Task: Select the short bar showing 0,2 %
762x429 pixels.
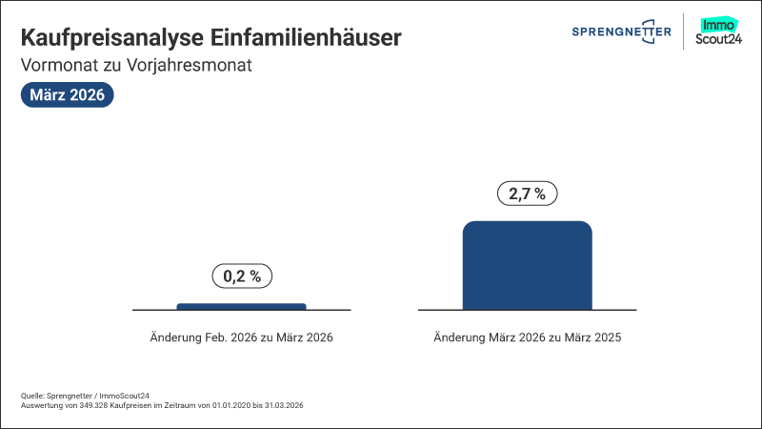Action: pyautogui.click(x=241, y=306)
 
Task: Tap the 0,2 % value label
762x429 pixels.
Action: pyautogui.click(x=242, y=276)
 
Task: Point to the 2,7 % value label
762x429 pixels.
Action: pyautogui.click(x=527, y=194)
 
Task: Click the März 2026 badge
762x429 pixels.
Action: pyautogui.click(x=67, y=95)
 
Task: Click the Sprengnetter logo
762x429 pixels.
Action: pyautogui.click(x=621, y=31)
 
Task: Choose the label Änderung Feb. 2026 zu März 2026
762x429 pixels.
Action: pyautogui.click(x=242, y=337)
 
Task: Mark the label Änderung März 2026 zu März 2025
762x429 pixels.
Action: pyautogui.click(x=527, y=337)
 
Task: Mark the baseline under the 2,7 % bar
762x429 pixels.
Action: pyautogui.click(x=438, y=310)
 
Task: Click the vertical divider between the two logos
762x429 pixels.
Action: pyautogui.click(x=685, y=31)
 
